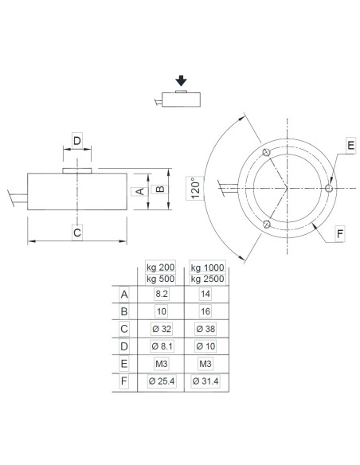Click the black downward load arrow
(x=182, y=80)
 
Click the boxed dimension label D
(x=76, y=141)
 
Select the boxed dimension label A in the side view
(x=139, y=191)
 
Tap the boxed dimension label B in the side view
(x=159, y=190)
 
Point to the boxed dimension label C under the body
(x=76, y=233)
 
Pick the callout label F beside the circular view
(x=339, y=234)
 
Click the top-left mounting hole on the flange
(x=267, y=153)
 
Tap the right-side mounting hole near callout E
(x=329, y=189)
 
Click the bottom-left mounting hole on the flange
(x=267, y=225)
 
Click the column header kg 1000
(x=208, y=267)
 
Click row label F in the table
(x=123, y=381)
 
